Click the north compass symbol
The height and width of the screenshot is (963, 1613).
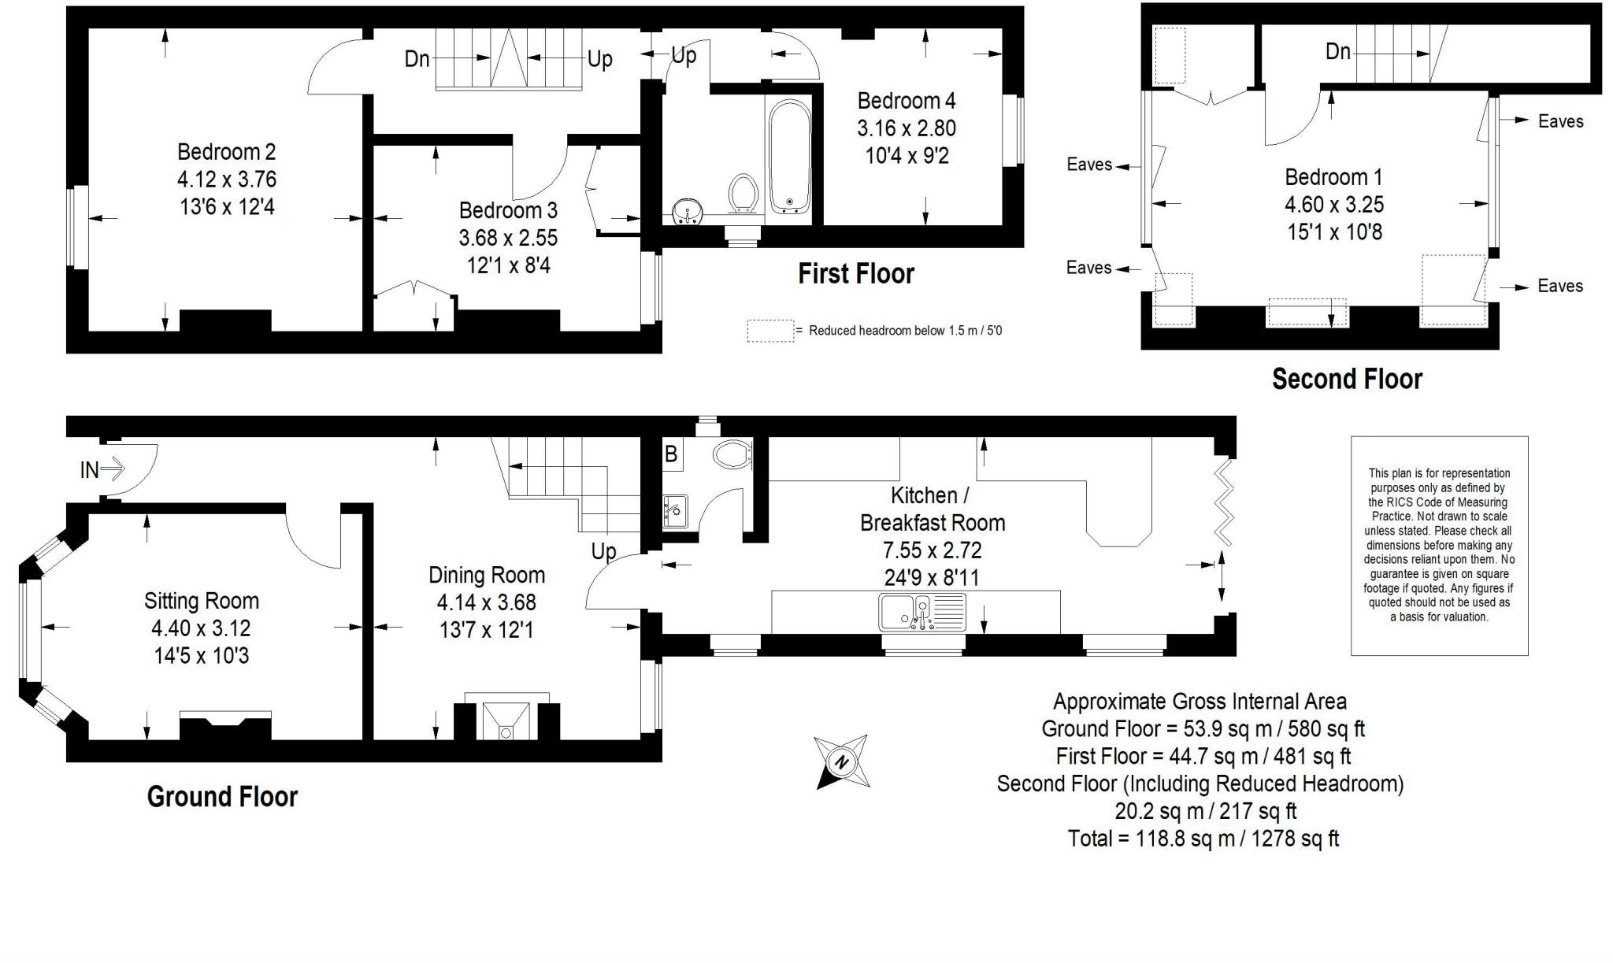[x=841, y=761]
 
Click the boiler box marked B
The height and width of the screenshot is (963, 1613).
[x=672, y=454]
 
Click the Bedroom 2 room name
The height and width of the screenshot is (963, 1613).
[x=227, y=151]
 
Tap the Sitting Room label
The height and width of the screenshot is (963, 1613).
[x=202, y=601]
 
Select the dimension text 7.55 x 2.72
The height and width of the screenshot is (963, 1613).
[x=933, y=550]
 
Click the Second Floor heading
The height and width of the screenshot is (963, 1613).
[x=1347, y=379]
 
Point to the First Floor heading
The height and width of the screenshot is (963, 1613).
[x=856, y=273]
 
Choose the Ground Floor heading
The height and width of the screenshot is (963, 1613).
[x=222, y=796]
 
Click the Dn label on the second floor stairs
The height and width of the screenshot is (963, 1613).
[x=1338, y=51]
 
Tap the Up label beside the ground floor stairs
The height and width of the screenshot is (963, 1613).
[x=603, y=552]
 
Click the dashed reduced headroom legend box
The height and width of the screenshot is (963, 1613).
[x=770, y=331]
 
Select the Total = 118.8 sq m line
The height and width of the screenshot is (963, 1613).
[x=1203, y=839]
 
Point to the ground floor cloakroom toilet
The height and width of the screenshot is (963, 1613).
[x=732, y=454]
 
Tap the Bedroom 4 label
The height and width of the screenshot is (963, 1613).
[x=907, y=101]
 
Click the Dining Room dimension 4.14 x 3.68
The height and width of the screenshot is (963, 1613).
[x=487, y=602]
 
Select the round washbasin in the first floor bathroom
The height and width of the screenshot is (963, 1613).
[x=688, y=211]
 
